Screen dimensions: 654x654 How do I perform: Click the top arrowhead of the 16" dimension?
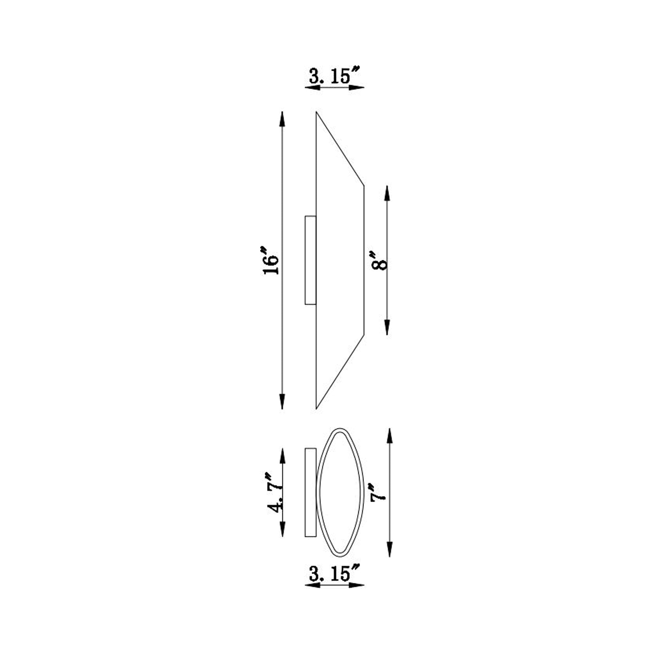tap(282, 119)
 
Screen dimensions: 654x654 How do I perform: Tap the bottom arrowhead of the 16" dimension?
tap(282, 402)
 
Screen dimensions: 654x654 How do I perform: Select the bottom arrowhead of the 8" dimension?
tap(387, 327)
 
